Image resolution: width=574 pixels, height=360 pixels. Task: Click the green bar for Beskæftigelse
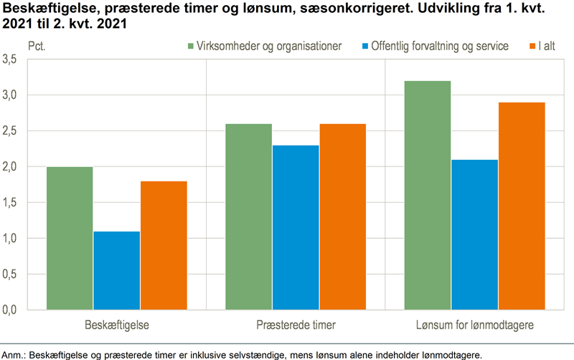[x=70, y=238]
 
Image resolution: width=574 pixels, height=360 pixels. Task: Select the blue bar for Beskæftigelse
[x=117, y=270]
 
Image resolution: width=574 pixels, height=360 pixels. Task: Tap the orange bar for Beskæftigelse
[x=164, y=245]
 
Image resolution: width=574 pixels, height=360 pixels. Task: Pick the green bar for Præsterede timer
[x=249, y=217]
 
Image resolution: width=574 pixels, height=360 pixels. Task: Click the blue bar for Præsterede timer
[x=296, y=227]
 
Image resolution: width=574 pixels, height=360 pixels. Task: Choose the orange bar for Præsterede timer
[x=342, y=217]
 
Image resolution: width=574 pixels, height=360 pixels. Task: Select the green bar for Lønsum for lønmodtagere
[x=428, y=195]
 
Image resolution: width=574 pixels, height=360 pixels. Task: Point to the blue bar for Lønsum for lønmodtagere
[x=475, y=235]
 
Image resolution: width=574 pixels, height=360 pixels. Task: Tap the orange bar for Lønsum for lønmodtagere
[x=522, y=206]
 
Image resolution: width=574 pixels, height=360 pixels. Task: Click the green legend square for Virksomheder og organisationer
[x=190, y=46]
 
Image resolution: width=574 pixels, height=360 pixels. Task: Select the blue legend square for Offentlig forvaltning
[x=365, y=46]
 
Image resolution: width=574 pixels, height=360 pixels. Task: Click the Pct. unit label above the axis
[x=36, y=46]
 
